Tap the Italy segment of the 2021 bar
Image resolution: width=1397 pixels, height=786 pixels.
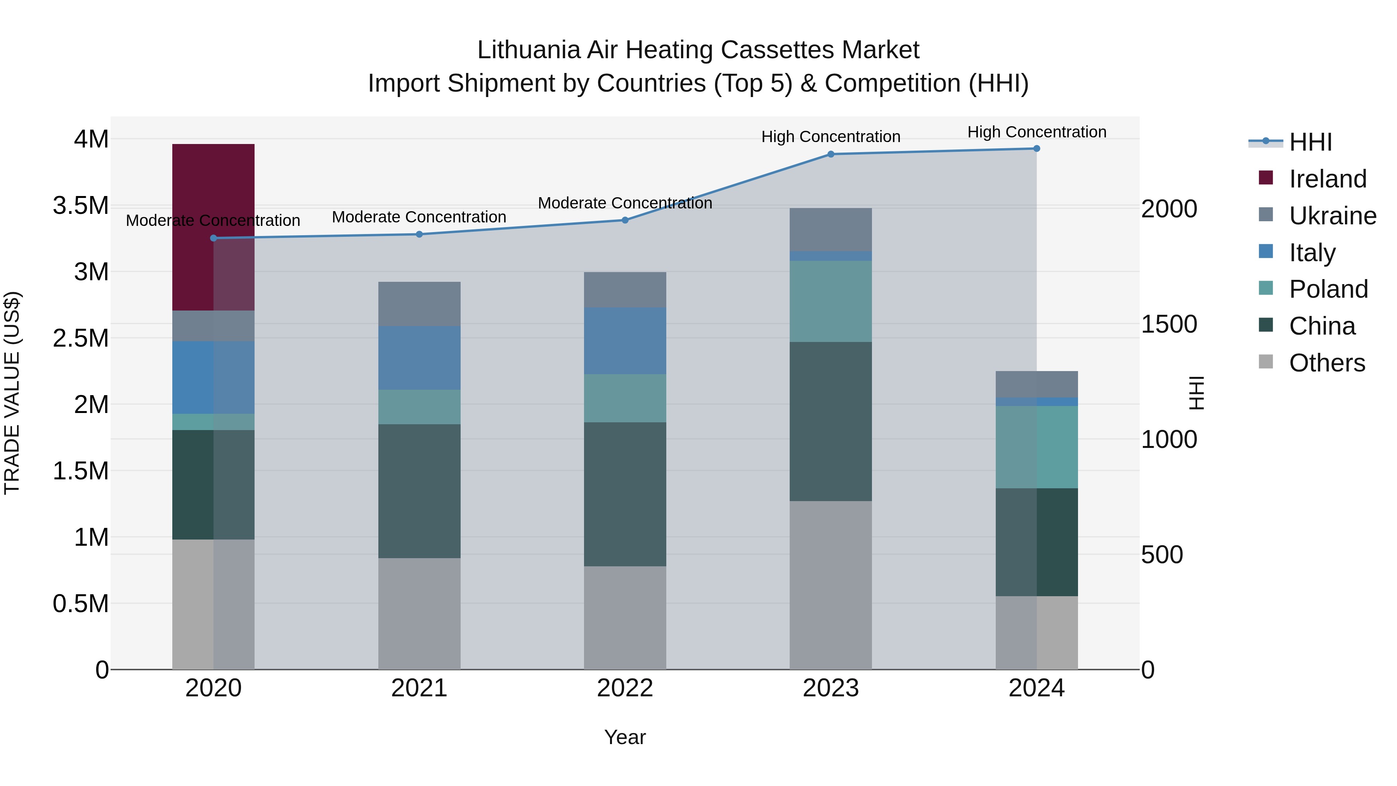pos(419,357)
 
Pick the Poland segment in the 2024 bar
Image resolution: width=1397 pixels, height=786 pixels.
pos(1036,447)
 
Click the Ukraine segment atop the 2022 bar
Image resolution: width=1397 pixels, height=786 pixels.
pos(625,290)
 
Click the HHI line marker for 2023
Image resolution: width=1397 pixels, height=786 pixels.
pos(830,154)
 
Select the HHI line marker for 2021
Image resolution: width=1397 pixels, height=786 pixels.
pos(419,234)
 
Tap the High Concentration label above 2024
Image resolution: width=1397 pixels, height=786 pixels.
pos(1036,132)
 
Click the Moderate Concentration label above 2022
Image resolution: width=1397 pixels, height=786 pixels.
pos(625,203)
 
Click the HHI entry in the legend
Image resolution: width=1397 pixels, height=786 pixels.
pos(1310,142)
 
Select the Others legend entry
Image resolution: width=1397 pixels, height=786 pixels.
pos(1326,363)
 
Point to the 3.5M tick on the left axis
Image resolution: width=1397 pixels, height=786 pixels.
pos(80,206)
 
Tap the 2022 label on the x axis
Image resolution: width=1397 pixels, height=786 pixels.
pos(625,688)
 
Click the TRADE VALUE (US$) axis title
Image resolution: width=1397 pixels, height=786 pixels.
pos(12,393)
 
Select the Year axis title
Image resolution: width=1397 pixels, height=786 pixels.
pos(625,737)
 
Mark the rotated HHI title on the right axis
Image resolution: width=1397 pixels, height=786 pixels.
pos(1196,393)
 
